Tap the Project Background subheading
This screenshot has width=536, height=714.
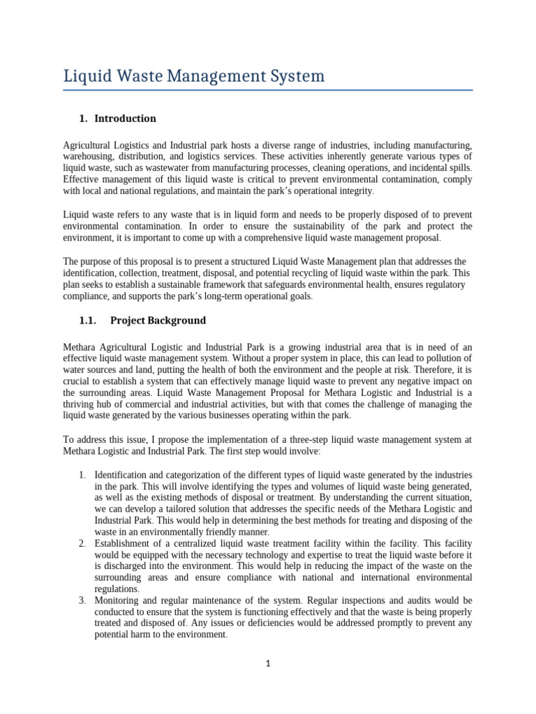(159, 321)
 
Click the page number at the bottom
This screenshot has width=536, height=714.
(268, 664)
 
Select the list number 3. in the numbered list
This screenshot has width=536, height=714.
(82, 600)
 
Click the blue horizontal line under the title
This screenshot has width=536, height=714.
(268, 90)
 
